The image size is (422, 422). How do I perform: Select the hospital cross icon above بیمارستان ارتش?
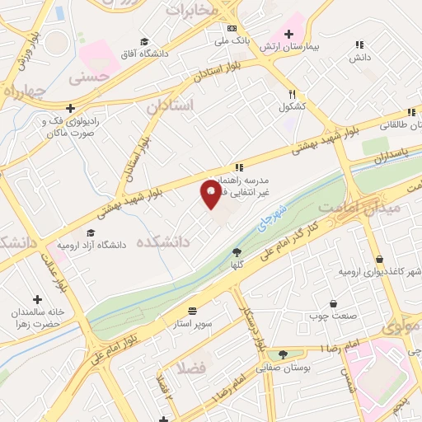click(288, 33)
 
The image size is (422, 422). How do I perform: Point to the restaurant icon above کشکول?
click(293, 93)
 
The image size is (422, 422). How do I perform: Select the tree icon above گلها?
click(237, 252)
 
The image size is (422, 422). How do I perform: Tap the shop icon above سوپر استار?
click(192, 310)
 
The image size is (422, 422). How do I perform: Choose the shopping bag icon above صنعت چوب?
click(333, 303)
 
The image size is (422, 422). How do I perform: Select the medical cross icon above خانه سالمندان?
click(36, 300)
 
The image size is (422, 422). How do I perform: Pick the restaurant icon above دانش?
click(357, 45)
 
